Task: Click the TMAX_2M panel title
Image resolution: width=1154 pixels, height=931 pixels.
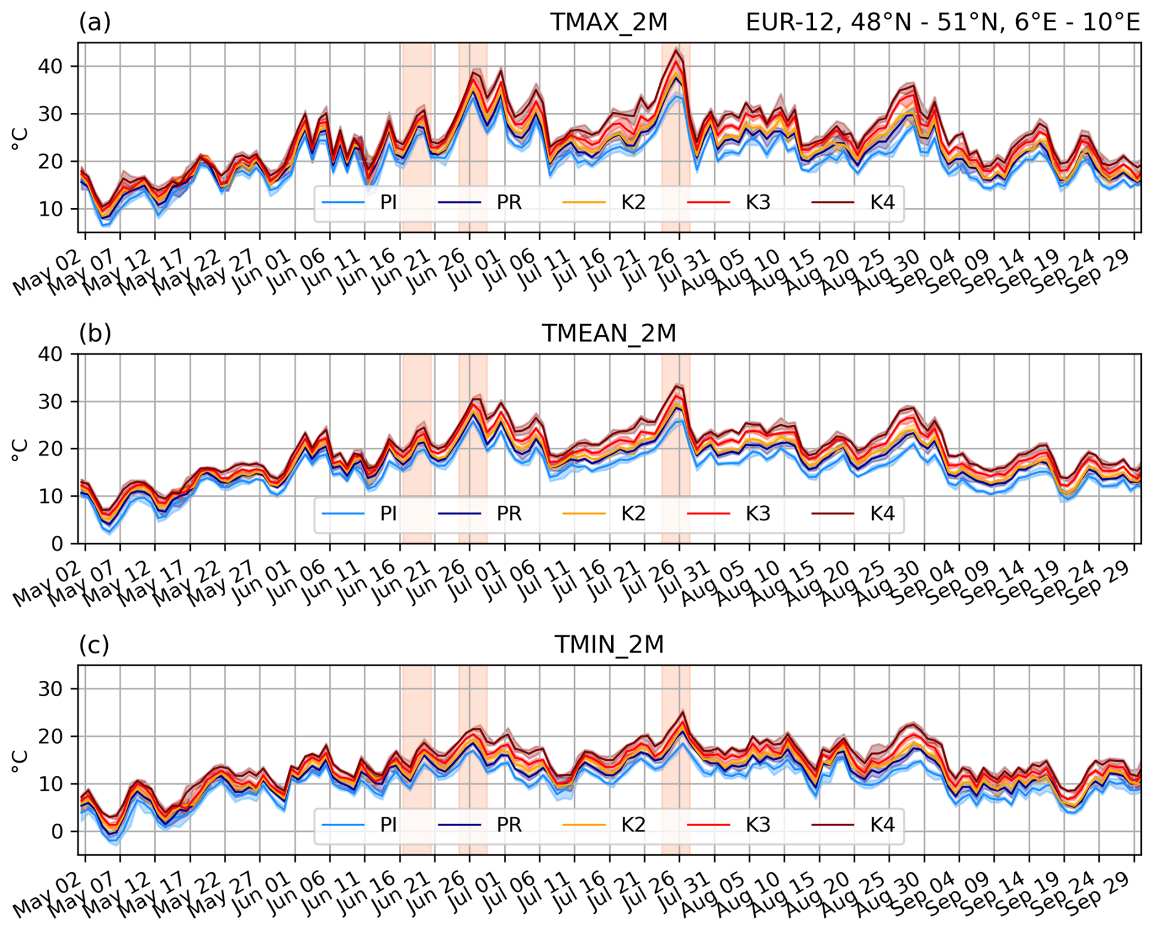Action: (x=609, y=22)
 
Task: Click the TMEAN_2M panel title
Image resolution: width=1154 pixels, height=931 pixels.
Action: (x=609, y=333)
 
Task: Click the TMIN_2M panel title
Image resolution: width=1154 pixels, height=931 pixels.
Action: (x=609, y=644)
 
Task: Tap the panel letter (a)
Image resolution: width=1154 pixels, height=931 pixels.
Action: (x=95, y=22)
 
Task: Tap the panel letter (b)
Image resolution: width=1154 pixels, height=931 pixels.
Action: (x=95, y=333)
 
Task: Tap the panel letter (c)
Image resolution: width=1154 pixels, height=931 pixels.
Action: (x=94, y=644)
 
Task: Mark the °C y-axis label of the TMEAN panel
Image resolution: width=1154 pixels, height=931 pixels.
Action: (x=20, y=449)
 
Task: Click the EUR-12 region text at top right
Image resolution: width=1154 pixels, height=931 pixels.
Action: (x=942, y=22)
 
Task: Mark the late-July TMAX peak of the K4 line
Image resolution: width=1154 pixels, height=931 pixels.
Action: (x=675, y=50)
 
